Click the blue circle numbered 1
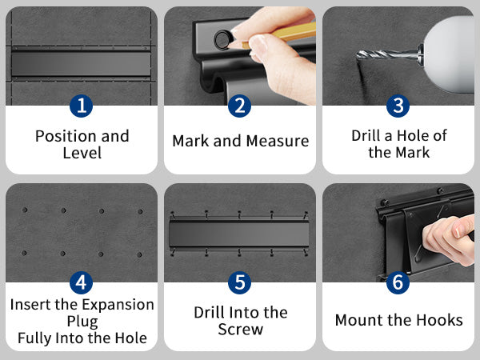[x=81, y=106]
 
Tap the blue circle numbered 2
[x=240, y=106]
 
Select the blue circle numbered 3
[x=398, y=106]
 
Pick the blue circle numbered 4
[x=81, y=282]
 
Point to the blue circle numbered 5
[x=240, y=282]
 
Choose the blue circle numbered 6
[x=398, y=282]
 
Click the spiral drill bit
[x=387, y=54]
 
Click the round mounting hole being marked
[x=222, y=39]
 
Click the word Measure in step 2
[x=278, y=141]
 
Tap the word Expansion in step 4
[x=118, y=305]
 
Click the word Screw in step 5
[x=240, y=330]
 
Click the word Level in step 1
[x=82, y=153]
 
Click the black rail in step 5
[x=239, y=234]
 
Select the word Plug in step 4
[x=82, y=322]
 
